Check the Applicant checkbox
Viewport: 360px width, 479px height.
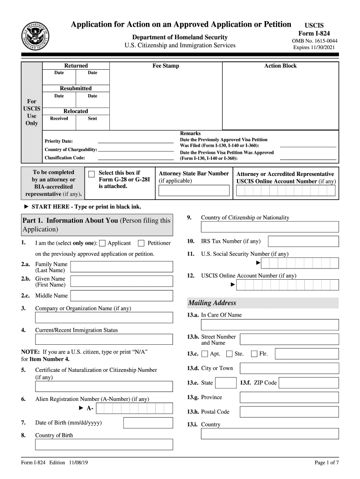tap(103, 243)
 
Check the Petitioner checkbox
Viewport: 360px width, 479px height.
tap(141, 243)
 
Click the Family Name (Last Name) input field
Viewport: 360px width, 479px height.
tap(122, 267)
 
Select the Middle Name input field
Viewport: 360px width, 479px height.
tap(122, 296)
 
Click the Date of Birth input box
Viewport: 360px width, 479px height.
tap(148, 423)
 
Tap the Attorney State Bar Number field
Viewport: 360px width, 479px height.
tap(194, 190)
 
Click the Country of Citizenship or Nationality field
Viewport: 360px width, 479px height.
tap(270, 227)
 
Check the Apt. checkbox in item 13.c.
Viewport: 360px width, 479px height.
tap(205, 354)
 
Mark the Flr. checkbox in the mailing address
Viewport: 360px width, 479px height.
tap(254, 354)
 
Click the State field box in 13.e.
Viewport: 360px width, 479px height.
tap(226, 383)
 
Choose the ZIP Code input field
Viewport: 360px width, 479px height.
tap(309, 383)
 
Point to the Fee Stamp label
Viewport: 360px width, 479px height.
tap(166, 66)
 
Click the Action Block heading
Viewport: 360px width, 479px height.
tap(280, 66)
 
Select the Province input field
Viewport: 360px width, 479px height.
tap(289, 398)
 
